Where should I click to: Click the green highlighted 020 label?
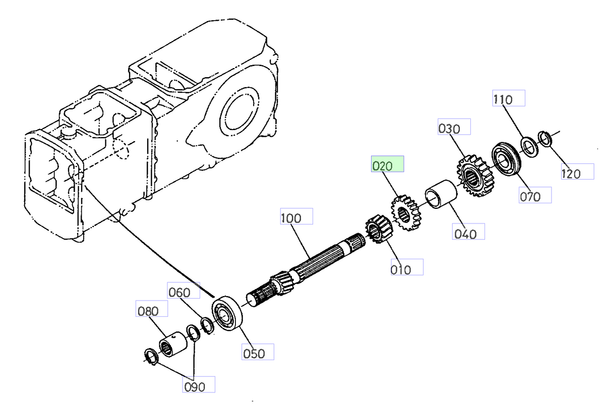point(387,164)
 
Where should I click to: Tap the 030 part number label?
point(453,127)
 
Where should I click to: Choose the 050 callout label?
point(257,352)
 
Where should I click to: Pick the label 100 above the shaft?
point(296,217)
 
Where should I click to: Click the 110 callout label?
point(508,98)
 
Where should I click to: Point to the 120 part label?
point(577,172)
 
